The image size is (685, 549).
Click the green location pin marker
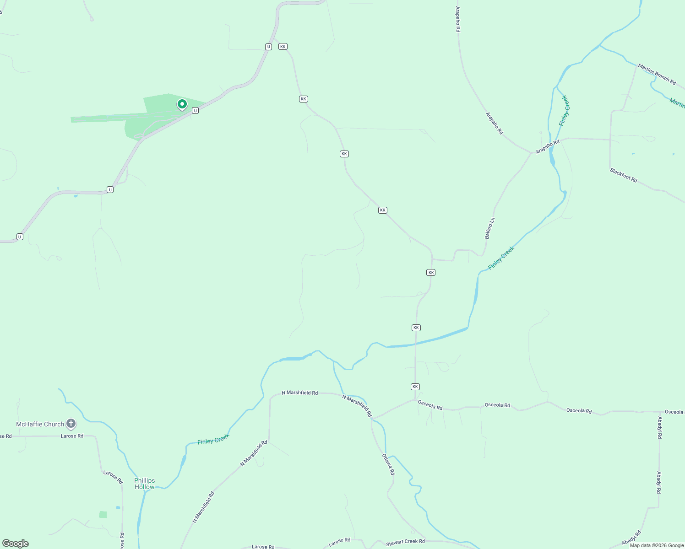[x=182, y=105]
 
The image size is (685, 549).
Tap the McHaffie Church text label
[x=40, y=424]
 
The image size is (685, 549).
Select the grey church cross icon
[x=71, y=424]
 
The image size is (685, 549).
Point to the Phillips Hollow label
[x=145, y=484]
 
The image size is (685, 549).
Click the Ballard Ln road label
[x=489, y=228]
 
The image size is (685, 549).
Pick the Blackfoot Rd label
[x=623, y=175]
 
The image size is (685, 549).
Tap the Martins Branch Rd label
[x=657, y=75]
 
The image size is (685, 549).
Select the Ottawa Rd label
[x=388, y=464]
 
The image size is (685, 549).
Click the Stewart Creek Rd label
[x=405, y=542]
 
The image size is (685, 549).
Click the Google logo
[x=16, y=543]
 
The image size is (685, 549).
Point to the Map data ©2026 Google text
[x=657, y=545]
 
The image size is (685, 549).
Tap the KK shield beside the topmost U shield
[x=283, y=47]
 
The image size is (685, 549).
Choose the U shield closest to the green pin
[x=195, y=111]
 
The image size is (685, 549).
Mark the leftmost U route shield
[x=20, y=237]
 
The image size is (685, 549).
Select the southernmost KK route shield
[x=415, y=387]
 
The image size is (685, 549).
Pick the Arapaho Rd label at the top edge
[x=458, y=19]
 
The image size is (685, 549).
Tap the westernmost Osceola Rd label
[x=430, y=405]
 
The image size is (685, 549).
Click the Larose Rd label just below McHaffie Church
[x=72, y=436]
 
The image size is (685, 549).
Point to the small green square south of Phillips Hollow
[x=103, y=514]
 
